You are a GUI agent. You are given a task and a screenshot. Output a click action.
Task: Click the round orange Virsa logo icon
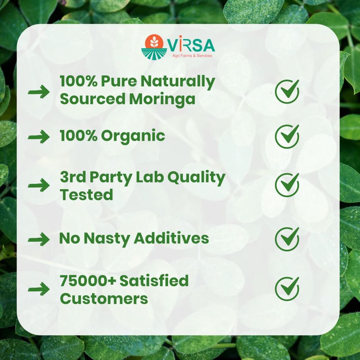coord(154,47)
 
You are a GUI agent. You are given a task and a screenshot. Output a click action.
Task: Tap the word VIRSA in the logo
coord(191,45)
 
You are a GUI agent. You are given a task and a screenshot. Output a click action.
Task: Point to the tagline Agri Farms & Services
coord(192,56)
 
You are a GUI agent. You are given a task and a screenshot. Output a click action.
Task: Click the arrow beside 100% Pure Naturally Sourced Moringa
coord(39,92)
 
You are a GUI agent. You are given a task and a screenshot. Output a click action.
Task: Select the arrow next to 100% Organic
coord(39,136)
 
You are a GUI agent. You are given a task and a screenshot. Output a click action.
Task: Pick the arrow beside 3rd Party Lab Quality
coord(39,185)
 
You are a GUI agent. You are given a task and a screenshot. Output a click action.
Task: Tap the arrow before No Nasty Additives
coord(39,239)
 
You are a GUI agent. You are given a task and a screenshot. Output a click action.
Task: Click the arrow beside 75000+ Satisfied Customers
coord(39,289)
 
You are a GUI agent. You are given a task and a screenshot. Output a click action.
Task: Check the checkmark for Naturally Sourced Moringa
coord(287,91)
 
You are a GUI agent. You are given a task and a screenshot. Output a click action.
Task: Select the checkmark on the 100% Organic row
coord(287,136)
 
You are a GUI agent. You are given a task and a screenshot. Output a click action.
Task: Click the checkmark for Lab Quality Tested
coord(287,185)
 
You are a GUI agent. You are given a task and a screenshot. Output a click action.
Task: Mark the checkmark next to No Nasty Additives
coord(287,239)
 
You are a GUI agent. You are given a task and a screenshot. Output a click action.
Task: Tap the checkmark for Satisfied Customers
coord(287,288)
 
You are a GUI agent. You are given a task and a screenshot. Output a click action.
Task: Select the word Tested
coord(86,195)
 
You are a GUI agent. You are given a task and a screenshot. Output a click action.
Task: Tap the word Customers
coord(104,298)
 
